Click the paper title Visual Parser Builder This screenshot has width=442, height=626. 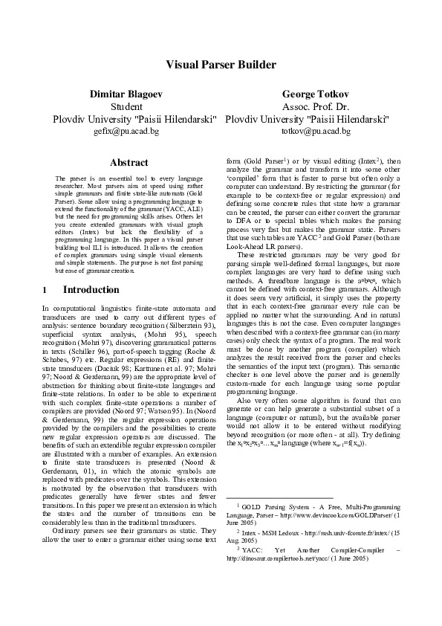click(220, 65)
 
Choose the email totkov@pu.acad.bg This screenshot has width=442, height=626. click(316, 131)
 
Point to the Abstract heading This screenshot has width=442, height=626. click(129, 162)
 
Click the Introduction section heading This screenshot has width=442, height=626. click(91, 289)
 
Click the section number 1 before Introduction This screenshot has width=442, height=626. click(45, 289)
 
